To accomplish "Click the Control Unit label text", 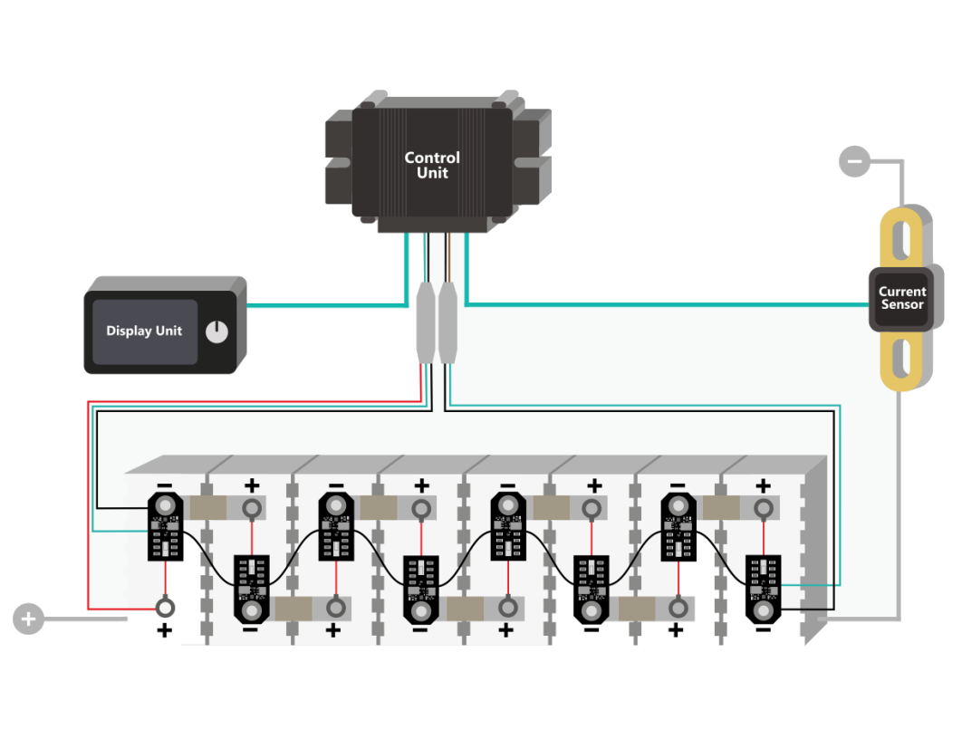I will tap(432, 165).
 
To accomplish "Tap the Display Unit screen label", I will tap(144, 331).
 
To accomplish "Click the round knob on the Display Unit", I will tap(216, 332).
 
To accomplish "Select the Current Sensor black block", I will tap(902, 298).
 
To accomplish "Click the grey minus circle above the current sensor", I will tap(854, 161).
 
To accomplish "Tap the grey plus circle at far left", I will tap(29, 619).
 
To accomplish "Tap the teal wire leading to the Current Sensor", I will tap(661, 303).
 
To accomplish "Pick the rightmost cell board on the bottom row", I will tap(764, 589).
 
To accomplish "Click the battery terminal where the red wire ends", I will tap(165, 606).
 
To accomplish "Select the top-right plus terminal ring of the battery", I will tap(764, 508).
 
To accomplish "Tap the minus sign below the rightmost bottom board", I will tap(764, 630).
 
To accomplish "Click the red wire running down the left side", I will tap(88, 507).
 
